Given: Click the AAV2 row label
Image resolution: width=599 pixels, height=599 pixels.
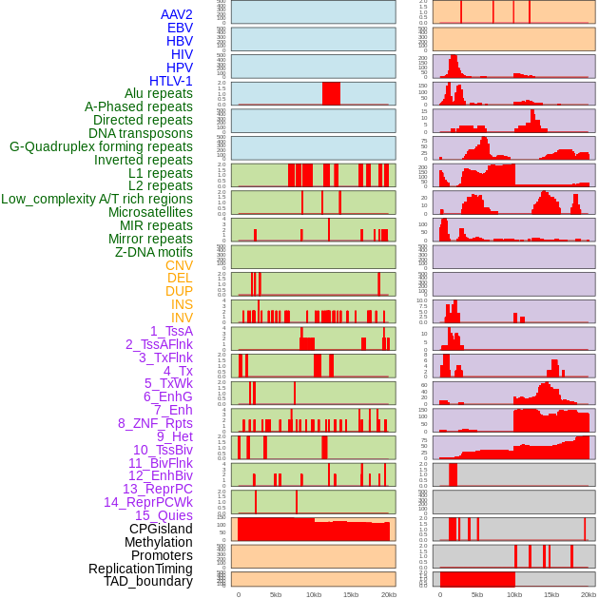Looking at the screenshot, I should [x=177, y=14].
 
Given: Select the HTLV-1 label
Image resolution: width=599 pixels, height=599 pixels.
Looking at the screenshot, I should [x=171, y=81].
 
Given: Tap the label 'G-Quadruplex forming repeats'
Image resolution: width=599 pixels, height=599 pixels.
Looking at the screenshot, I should [x=101, y=146].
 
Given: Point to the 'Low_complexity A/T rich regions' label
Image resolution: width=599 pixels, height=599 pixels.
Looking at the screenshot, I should [x=97, y=199].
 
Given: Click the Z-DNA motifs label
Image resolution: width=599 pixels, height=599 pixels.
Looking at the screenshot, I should [x=154, y=252].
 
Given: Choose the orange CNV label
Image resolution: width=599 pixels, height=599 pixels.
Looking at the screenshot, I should [x=179, y=265].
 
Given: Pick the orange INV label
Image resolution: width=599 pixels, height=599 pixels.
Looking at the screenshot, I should [x=182, y=318].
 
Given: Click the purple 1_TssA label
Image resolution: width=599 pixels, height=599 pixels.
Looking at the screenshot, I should [x=171, y=331].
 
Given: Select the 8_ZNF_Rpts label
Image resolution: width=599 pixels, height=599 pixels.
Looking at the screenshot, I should [x=155, y=423].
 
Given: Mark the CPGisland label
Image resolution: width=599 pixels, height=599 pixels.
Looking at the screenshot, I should [x=161, y=529].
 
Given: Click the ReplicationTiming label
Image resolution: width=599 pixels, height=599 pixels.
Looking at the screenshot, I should [x=140, y=569].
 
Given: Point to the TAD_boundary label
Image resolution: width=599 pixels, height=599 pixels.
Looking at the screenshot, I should [x=148, y=581].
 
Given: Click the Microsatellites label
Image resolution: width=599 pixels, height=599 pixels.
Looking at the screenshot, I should [x=150, y=212].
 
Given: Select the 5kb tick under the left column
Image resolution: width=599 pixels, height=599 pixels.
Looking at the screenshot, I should [x=276, y=594].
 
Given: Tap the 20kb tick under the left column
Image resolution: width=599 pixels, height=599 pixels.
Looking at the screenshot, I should [x=388, y=594].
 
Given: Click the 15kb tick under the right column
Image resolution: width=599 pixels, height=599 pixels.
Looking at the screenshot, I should [x=551, y=594].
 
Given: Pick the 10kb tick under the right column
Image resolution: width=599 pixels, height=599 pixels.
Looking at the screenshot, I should [x=514, y=594].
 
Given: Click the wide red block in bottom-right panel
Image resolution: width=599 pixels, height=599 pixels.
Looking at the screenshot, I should [x=477, y=579].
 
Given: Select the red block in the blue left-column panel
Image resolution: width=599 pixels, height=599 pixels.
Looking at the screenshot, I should [x=331, y=94].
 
